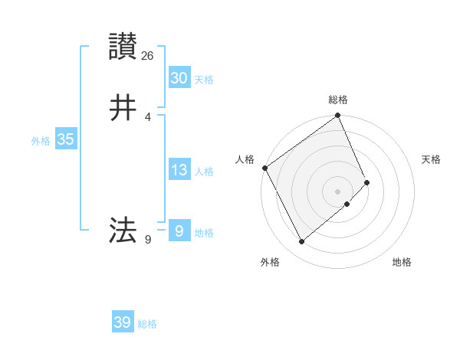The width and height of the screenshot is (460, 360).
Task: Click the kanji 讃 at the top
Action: click(x=123, y=47)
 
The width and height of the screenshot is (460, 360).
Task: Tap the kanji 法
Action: click(x=123, y=230)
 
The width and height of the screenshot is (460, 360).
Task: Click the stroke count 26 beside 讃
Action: click(x=148, y=55)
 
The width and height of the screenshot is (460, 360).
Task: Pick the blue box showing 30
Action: click(x=179, y=78)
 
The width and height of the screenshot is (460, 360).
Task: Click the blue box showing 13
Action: click(x=179, y=170)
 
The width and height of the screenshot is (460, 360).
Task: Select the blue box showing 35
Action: click(x=65, y=139)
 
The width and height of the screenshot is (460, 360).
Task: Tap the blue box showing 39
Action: click(x=123, y=322)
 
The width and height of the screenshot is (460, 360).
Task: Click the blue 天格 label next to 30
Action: click(x=204, y=80)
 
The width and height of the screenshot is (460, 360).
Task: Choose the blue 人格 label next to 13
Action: click(x=204, y=172)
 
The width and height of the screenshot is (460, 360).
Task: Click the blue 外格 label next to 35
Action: click(x=41, y=141)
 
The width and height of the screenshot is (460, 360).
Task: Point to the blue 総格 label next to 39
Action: click(x=147, y=324)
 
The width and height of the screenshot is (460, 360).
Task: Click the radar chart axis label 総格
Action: click(x=338, y=100)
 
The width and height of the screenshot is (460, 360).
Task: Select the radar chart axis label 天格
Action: click(x=432, y=159)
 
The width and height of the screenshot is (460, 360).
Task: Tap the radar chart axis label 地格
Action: click(x=402, y=262)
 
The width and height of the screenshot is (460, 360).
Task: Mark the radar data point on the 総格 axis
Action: click(x=338, y=116)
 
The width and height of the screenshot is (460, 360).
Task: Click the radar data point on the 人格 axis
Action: click(x=264, y=168)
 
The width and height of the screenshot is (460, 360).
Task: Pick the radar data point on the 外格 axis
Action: click(x=301, y=242)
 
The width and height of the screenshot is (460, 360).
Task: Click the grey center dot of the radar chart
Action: click(x=338, y=191)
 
